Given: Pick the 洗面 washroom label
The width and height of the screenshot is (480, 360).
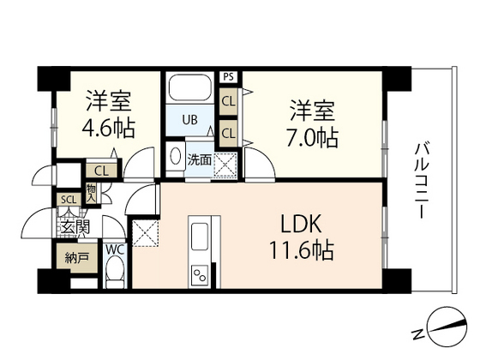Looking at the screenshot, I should pos(199,159).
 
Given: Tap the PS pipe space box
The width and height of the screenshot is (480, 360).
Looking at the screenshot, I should pos(227,77).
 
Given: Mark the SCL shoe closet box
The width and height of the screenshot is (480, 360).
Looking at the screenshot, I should pos(67,201).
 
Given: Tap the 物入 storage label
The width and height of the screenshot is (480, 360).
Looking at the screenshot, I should pos(91,193).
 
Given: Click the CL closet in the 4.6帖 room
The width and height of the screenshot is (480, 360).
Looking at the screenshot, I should pos(101,171).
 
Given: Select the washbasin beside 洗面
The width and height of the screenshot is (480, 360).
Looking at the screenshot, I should pos(175,159).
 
